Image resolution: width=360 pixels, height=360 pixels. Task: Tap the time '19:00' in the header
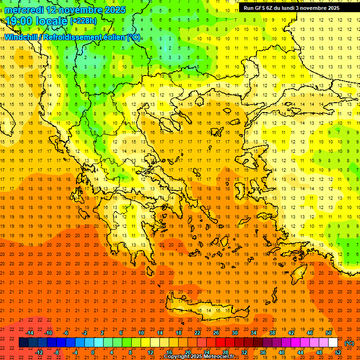pos(20,21)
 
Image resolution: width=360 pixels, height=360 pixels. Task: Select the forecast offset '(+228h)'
pos(83,21)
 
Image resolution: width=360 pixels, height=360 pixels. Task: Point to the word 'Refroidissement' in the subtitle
pos(84,37)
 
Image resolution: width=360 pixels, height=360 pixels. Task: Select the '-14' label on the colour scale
pos(30,333)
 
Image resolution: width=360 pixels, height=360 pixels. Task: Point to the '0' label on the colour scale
pos(93,352)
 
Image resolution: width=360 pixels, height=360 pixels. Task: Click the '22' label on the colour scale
pos(197,333)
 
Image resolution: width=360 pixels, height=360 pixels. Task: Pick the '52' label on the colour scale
pos(338,352)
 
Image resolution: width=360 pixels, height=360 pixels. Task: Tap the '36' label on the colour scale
pos(263,352)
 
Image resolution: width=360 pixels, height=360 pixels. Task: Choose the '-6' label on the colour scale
pos(66,333)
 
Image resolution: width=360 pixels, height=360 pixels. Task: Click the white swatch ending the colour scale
pos(333,343)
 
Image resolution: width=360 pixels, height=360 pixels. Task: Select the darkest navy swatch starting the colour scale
pos(23,343)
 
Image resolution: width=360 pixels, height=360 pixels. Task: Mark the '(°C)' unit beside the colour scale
pos(349,343)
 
